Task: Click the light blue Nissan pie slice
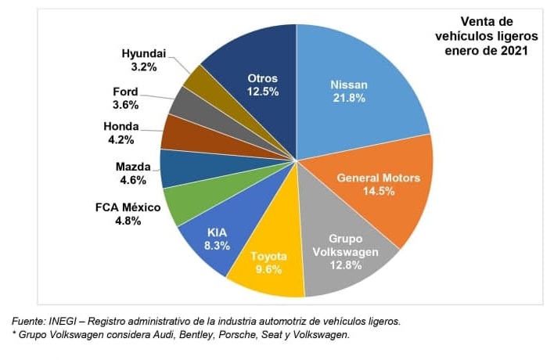352,86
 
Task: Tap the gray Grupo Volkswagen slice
344,250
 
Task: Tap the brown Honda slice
177,133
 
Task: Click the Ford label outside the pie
125,92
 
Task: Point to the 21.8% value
348,99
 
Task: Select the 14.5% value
378,190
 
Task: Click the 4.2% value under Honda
121,140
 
